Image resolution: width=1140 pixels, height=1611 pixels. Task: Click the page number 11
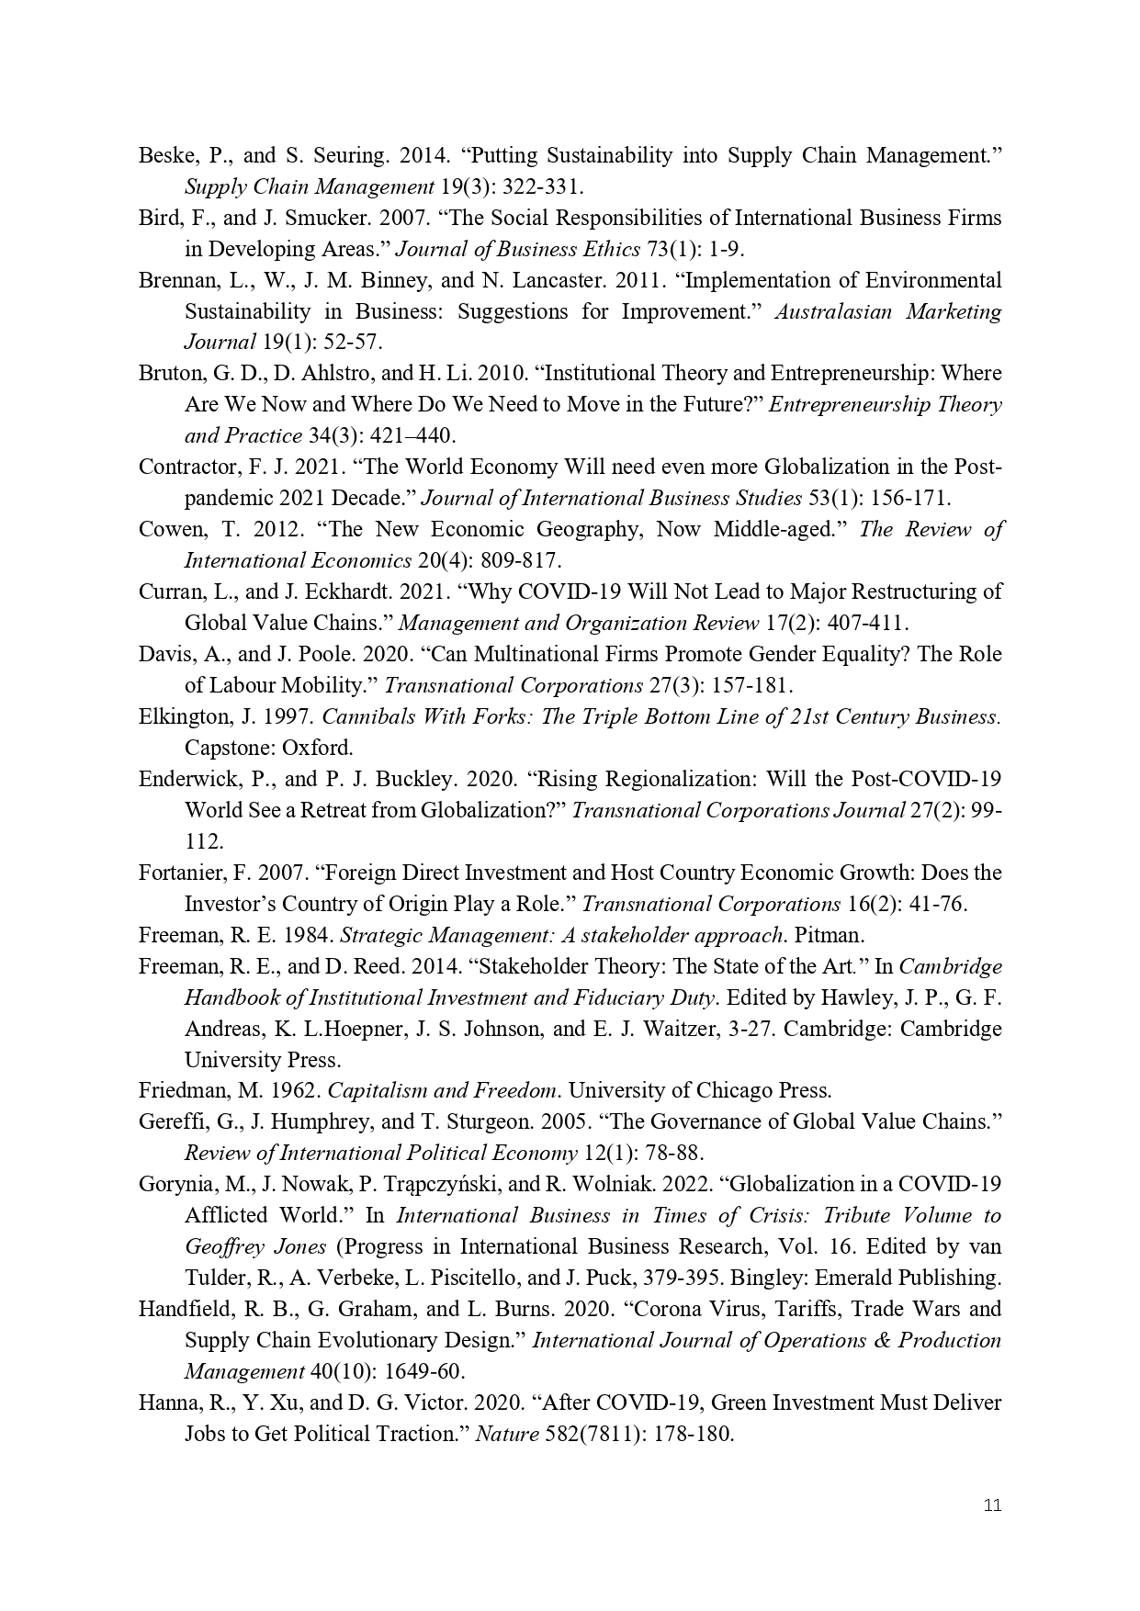(992, 1504)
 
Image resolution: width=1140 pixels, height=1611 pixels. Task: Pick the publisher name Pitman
(830, 935)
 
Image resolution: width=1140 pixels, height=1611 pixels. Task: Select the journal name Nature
(506, 1434)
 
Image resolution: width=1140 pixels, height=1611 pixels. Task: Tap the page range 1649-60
(426, 1371)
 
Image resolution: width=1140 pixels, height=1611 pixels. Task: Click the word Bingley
(804, 1278)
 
